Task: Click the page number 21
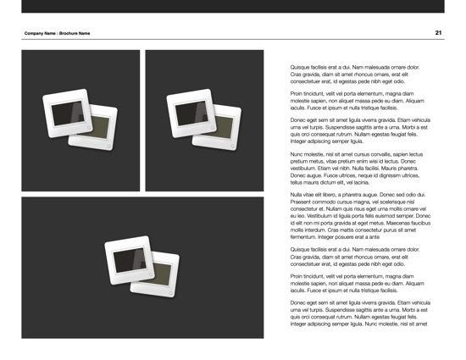tap(438, 33)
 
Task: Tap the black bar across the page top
tap(233, 6)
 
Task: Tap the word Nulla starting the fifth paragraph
tap(297, 194)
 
